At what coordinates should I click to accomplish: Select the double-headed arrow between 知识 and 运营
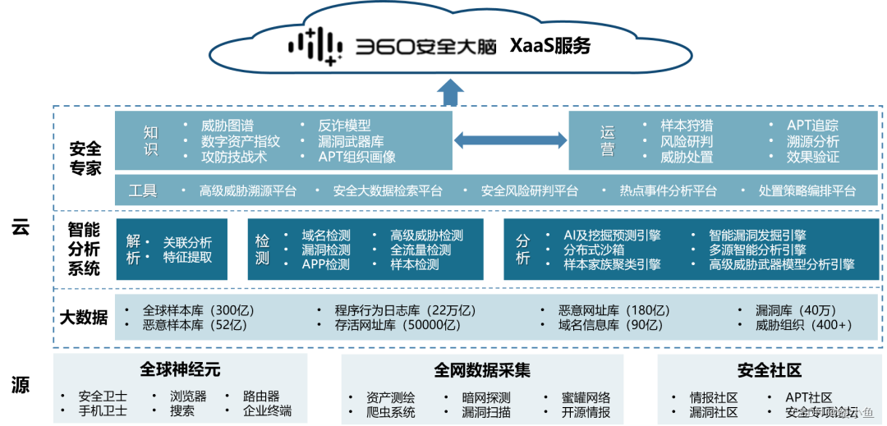tap(510, 141)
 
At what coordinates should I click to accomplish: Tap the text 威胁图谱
tap(228, 126)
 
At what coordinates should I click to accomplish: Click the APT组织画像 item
tap(356, 157)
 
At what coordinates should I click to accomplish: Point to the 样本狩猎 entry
tap(687, 126)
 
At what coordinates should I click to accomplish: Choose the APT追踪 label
tap(812, 126)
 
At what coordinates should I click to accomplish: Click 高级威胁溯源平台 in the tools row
tap(248, 191)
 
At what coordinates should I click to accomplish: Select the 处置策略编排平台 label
tap(807, 191)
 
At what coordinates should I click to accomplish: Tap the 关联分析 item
tap(187, 242)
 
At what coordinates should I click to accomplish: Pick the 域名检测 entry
tap(326, 236)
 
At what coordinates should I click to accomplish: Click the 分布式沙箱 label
tap(594, 250)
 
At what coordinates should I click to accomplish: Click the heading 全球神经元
tap(180, 369)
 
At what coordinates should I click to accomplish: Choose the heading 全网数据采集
tap(482, 371)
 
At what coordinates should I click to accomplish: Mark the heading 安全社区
tap(770, 371)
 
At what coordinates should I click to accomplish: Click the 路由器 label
tap(261, 396)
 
